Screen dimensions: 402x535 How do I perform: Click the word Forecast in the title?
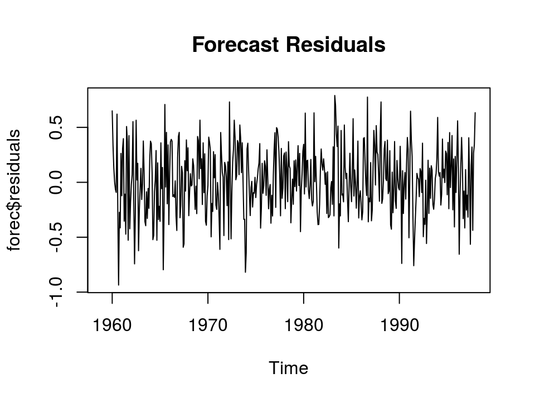(236, 45)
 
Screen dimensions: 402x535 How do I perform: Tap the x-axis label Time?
(288, 368)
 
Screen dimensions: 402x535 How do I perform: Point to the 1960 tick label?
(112, 325)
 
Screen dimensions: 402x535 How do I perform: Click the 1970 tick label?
(208, 325)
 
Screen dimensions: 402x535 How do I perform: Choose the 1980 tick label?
(304, 325)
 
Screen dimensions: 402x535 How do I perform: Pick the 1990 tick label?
(400, 325)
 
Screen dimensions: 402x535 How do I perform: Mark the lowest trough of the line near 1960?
(118, 285)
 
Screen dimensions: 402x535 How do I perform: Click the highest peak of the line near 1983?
(334, 95)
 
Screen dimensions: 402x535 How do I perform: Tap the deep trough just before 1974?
(245, 272)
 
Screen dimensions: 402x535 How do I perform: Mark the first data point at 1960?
(112, 111)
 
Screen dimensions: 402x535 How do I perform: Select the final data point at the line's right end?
(475, 112)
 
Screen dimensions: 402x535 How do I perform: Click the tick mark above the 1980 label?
(304, 296)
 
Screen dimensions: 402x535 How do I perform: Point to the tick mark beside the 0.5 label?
(84, 127)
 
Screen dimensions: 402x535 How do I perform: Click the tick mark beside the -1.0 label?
(84, 292)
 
